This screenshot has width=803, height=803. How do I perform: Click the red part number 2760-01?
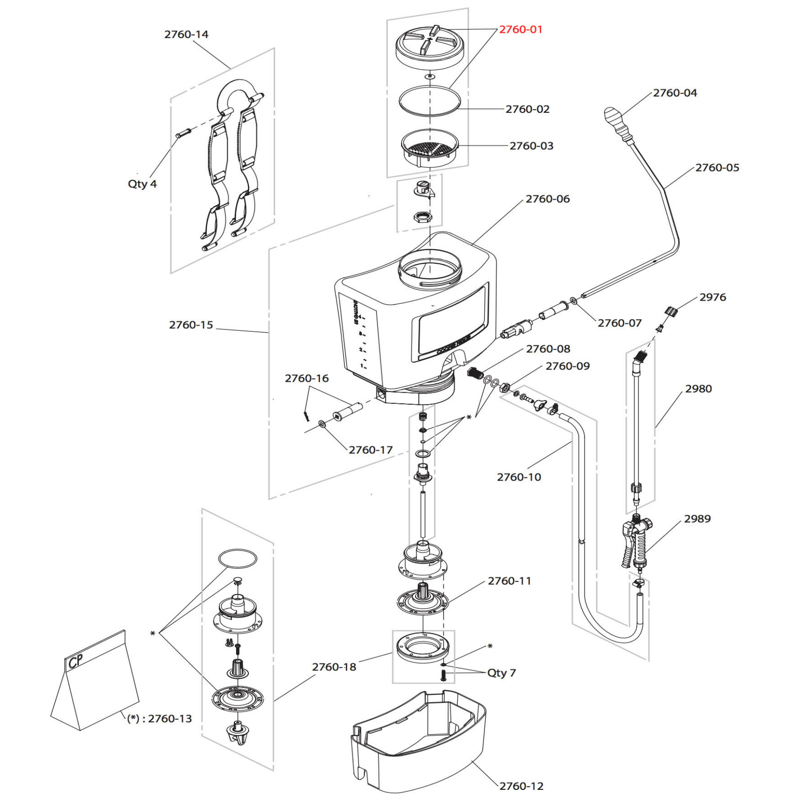pyautogui.click(x=520, y=30)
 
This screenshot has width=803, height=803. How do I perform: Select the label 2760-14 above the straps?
pyautogui.click(x=186, y=34)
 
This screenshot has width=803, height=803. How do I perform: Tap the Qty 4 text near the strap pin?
pyautogui.click(x=142, y=184)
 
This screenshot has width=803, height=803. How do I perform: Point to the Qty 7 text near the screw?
pyautogui.click(x=501, y=673)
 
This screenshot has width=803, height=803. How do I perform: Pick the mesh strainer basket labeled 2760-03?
pyautogui.click(x=429, y=147)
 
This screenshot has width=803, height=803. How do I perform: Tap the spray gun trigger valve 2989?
pyautogui.click(x=635, y=541)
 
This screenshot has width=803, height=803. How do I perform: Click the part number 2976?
pyautogui.click(x=712, y=297)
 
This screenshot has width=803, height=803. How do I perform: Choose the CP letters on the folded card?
pyautogui.click(x=75, y=662)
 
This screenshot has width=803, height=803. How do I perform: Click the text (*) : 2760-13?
pyautogui.click(x=159, y=719)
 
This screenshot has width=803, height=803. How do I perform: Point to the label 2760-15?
pyautogui.click(x=191, y=325)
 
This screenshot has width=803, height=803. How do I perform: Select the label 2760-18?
pyautogui.click(x=334, y=667)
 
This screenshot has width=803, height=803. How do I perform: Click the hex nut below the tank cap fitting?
pyautogui.click(x=422, y=217)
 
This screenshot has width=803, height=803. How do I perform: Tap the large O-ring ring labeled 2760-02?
pyautogui.click(x=429, y=100)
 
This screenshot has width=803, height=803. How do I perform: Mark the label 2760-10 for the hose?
pyautogui.click(x=519, y=477)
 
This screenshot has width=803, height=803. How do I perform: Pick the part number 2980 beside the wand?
pyautogui.click(x=698, y=388)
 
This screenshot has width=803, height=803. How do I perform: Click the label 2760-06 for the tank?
pyautogui.click(x=547, y=199)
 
